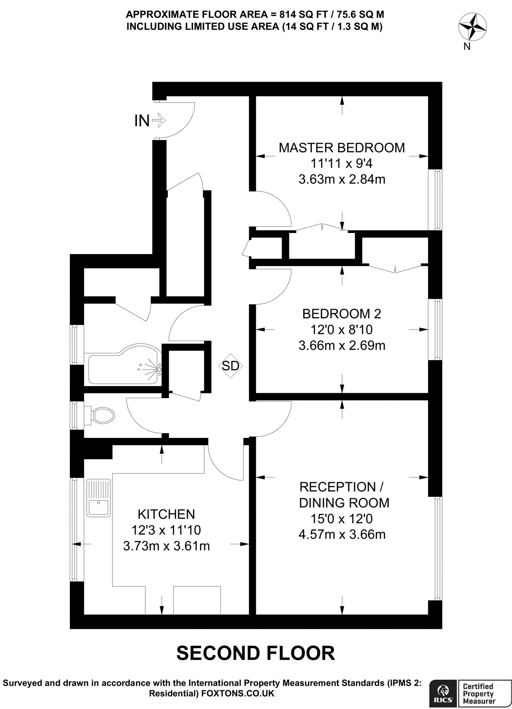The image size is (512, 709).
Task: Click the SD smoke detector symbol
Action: point(231,366)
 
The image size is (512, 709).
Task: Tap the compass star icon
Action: point(472,27)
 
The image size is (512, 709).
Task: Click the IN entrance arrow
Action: point(159,121)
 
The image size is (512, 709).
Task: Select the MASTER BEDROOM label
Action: point(342,148)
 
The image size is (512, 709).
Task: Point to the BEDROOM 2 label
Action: point(342,314)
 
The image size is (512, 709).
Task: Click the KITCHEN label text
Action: point(167,514)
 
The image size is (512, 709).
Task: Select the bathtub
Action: point(124,365)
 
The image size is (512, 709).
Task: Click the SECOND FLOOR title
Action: point(256,653)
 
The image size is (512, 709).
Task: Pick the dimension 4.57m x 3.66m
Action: point(342,535)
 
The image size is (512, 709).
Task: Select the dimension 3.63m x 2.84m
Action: point(342,180)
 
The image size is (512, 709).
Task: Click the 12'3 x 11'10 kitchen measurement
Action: point(167,530)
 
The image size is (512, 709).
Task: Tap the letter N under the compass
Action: point(467,47)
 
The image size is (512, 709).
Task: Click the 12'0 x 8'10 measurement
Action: point(342,330)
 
